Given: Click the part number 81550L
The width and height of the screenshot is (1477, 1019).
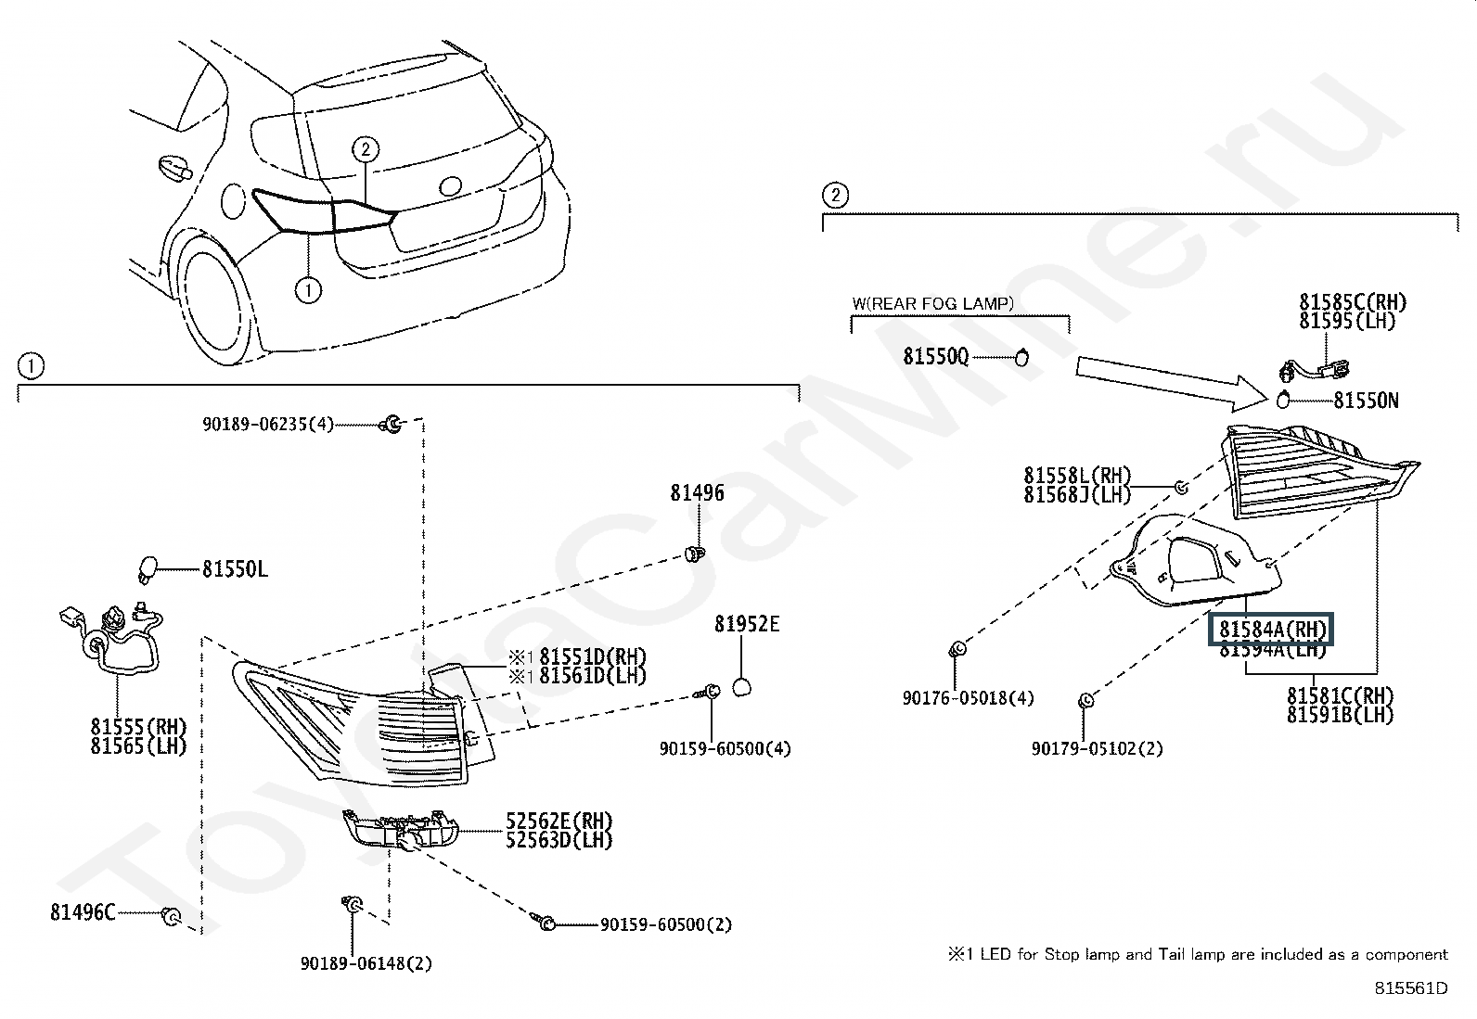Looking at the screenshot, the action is (235, 568).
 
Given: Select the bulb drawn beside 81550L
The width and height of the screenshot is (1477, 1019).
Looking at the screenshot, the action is (148, 569).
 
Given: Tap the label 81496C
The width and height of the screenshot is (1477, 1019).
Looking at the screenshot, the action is (83, 912).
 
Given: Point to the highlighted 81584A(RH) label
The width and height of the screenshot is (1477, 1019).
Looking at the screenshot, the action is (1272, 629).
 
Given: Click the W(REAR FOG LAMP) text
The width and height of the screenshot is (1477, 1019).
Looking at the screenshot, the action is (933, 304).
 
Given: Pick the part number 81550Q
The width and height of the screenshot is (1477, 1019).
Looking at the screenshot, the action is (936, 357).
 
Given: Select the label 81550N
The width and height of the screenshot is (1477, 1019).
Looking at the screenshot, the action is (1367, 401).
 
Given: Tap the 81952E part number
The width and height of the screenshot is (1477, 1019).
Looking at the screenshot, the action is (747, 624).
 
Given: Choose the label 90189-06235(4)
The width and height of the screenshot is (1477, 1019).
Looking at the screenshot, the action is (268, 424).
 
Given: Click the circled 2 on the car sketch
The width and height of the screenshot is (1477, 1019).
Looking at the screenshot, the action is (366, 149).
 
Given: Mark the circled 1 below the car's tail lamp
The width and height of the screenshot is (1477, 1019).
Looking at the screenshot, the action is (308, 290).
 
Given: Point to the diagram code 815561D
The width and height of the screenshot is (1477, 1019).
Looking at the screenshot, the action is (1411, 988).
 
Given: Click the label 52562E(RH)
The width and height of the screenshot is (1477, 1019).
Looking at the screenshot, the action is (559, 822).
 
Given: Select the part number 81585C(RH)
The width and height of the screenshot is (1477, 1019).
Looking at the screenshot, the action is (1353, 302).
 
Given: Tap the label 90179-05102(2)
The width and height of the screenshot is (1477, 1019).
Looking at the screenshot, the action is (1098, 749).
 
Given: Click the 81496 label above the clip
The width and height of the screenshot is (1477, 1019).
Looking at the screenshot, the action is (697, 493).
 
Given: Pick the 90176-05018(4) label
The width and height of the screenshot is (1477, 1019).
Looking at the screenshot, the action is (968, 698).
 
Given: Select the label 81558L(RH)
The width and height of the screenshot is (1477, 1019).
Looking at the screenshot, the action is (1077, 476).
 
